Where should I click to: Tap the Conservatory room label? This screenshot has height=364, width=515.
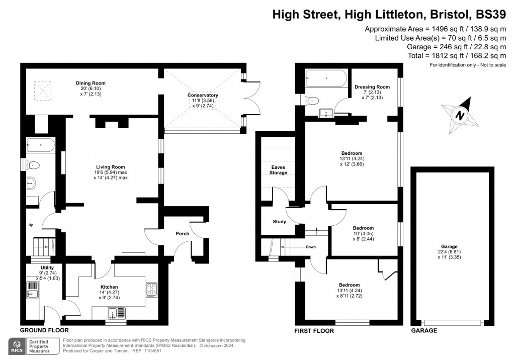pyautogui.click(x=203, y=95)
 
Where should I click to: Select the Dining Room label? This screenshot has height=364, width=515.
pyautogui.click(x=91, y=83)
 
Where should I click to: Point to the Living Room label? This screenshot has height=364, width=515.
pyautogui.click(x=111, y=167)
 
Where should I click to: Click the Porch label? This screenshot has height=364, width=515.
pyautogui.click(x=182, y=234)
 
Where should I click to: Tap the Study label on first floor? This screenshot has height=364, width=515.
pyautogui.click(x=279, y=222)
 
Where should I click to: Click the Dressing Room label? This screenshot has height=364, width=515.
pyautogui.click(x=372, y=87)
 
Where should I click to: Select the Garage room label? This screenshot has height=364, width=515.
pyautogui.click(x=449, y=246)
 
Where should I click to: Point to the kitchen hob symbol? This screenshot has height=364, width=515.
pyautogui.click(x=151, y=289)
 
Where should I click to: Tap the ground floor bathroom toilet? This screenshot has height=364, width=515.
pyautogui.click(x=34, y=165)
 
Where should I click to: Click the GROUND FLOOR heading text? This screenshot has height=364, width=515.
pyautogui.click(x=44, y=330)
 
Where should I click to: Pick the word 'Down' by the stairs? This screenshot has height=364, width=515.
pyautogui.click(x=310, y=247)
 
